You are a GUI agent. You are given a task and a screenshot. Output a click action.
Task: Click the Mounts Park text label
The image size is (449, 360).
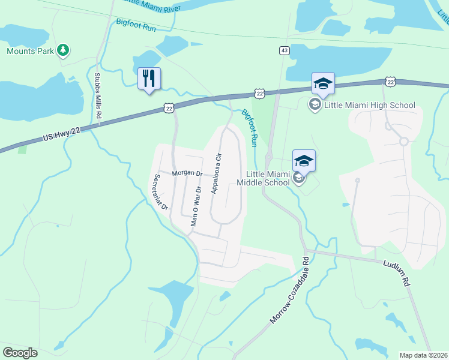[x=29, y=51]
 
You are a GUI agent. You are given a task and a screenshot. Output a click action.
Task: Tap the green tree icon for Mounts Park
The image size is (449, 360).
[x=63, y=50]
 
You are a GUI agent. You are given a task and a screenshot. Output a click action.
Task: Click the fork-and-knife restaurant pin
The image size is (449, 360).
[x=149, y=79]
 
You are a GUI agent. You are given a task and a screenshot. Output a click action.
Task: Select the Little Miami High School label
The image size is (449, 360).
[x=369, y=106]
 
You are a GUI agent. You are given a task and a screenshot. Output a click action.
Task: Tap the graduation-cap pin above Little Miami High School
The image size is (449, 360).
[x=322, y=84]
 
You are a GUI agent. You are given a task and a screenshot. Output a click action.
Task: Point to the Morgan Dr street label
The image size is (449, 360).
[x=188, y=173]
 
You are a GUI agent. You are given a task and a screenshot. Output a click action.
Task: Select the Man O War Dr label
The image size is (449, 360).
[x=194, y=206]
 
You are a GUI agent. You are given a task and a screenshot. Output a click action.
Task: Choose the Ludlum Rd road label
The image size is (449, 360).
[x=395, y=272]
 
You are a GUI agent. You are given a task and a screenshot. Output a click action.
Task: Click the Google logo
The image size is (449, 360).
[x=20, y=353]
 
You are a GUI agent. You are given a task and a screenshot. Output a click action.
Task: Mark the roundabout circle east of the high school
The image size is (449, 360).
[x=404, y=142]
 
